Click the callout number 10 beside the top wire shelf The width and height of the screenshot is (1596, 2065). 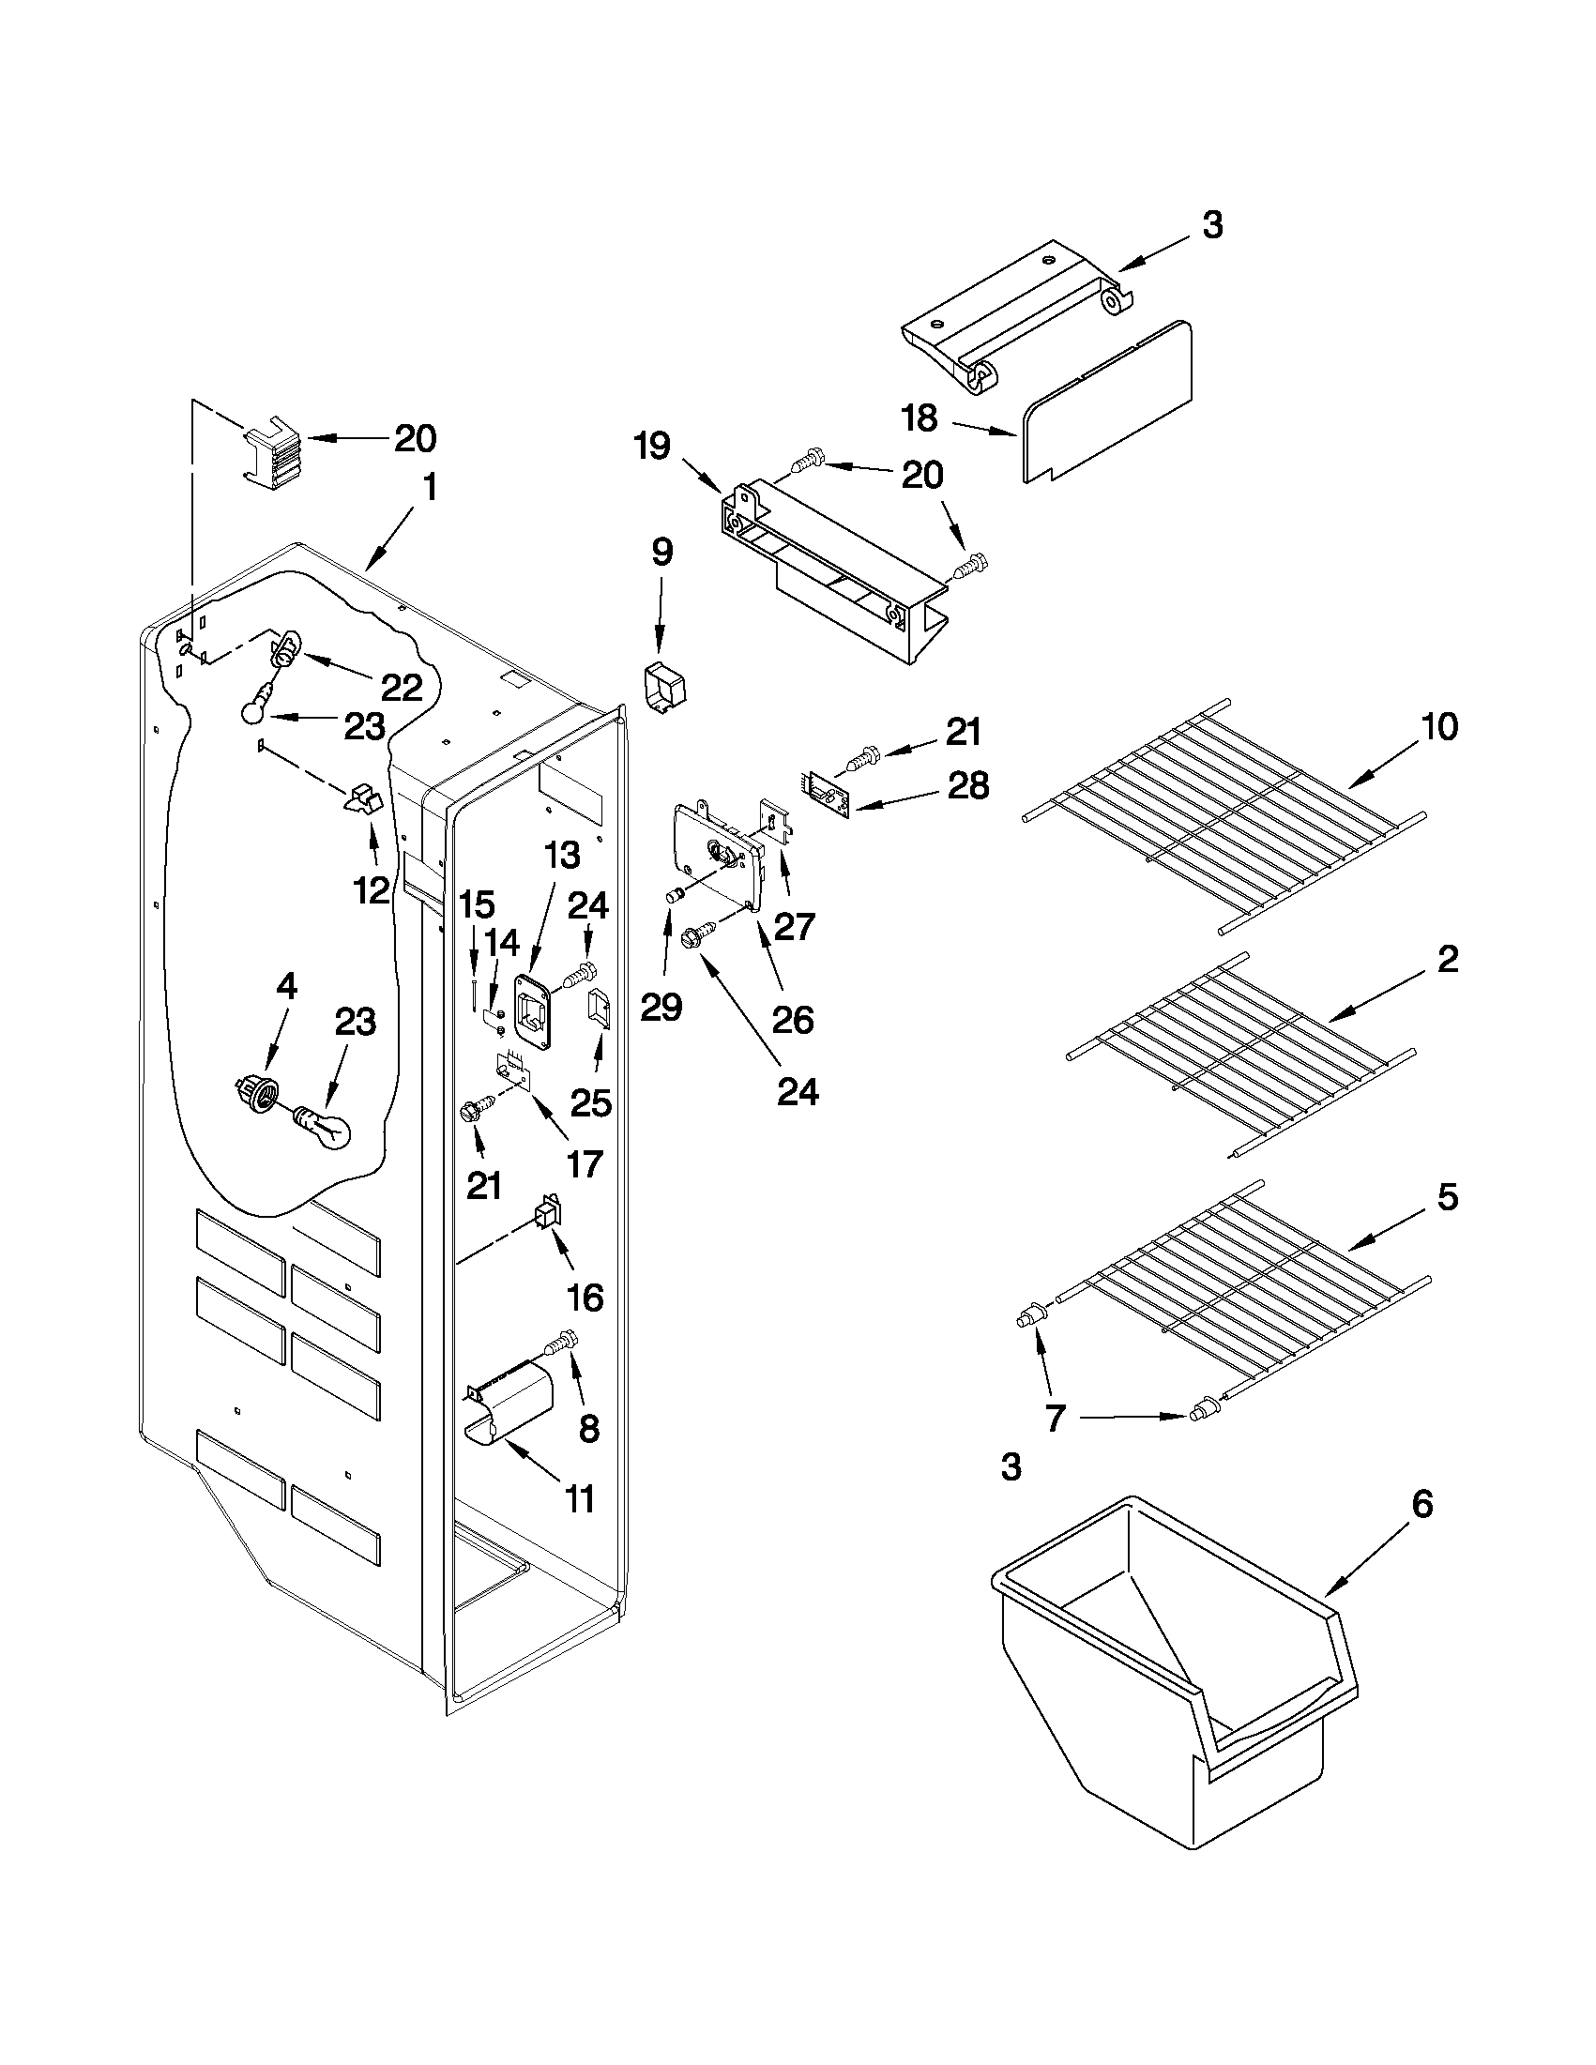[x=1439, y=728]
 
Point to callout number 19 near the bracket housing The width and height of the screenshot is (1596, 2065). [x=652, y=446]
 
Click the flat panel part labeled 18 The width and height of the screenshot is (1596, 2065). [x=1106, y=402]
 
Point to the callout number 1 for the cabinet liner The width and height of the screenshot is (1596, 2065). [x=431, y=488]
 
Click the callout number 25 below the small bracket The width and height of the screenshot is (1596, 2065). [x=591, y=1102]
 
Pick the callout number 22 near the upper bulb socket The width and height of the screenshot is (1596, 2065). [x=401, y=688]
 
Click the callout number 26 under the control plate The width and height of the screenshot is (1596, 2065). [x=792, y=1019]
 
